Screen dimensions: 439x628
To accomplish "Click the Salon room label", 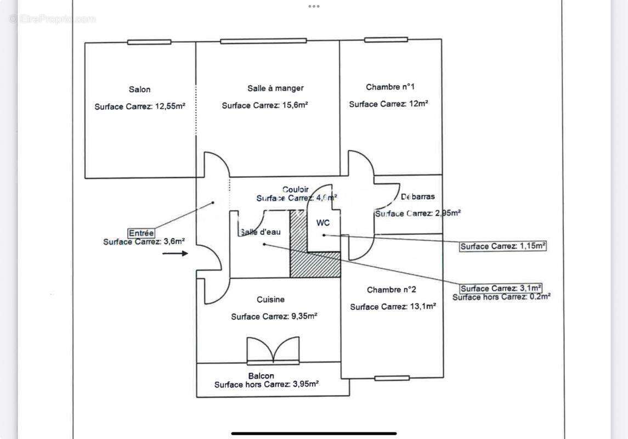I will (x=139, y=89).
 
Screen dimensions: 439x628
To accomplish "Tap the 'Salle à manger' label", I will (x=275, y=88).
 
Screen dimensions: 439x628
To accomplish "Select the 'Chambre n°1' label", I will (x=390, y=87).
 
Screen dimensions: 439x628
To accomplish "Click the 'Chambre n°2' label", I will (x=392, y=290).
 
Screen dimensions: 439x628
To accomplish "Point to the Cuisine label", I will (x=270, y=300).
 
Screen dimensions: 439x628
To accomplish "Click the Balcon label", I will (x=261, y=376).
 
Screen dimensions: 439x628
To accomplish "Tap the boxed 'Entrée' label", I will (x=141, y=233).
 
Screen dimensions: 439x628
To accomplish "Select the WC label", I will (x=323, y=223).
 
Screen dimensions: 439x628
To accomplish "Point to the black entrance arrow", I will (x=176, y=253).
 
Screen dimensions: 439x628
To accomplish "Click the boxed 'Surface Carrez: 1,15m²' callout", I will (x=503, y=246).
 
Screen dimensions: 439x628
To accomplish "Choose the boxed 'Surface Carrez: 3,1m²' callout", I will (x=501, y=289).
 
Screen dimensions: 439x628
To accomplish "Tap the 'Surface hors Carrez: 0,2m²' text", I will (x=501, y=297).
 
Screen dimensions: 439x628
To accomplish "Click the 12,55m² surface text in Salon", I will (x=140, y=106).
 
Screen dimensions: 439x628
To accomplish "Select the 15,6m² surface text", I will (x=265, y=105).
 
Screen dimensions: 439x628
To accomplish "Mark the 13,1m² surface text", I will (x=393, y=307).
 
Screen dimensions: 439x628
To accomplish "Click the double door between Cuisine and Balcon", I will (x=273, y=351).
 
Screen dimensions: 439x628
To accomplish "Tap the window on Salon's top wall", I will (x=149, y=42).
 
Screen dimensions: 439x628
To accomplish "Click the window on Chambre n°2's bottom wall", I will (x=392, y=378).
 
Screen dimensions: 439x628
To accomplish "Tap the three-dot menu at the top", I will (x=314, y=7).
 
